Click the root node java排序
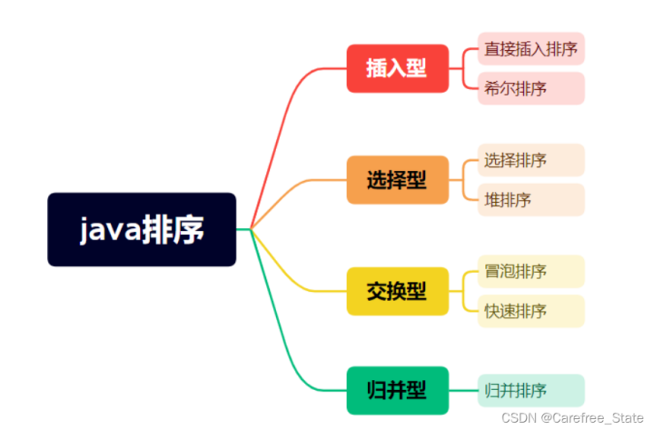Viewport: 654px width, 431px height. pyautogui.click(x=142, y=229)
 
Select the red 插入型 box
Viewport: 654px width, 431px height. pyautogui.click(x=398, y=68)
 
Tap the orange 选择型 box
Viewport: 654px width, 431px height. pyautogui.click(x=398, y=180)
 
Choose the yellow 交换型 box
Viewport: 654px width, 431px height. pyautogui.click(x=398, y=291)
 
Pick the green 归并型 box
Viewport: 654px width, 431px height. pyautogui.click(x=398, y=390)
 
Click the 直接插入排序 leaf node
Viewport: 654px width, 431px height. pyautogui.click(x=531, y=49)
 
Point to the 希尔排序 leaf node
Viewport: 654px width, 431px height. pyautogui.click(x=531, y=88)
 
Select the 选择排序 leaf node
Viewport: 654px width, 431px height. pyautogui.click(x=531, y=160)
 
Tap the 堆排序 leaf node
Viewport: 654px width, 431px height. pyautogui.click(x=531, y=200)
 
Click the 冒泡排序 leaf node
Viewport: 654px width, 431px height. pyautogui.click(x=531, y=272)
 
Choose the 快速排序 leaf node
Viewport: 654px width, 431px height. pyautogui.click(x=531, y=311)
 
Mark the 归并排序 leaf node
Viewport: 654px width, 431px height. pyautogui.click(x=531, y=390)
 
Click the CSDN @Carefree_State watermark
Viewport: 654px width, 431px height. pyautogui.click(x=572, y=418)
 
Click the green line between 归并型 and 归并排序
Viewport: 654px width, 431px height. pyautogui.click(x=463, y=390)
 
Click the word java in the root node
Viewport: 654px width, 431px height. pyautogui.click(x=111, y=229)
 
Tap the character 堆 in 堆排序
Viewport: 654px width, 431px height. pyautogui.click(x=492, y=200)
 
